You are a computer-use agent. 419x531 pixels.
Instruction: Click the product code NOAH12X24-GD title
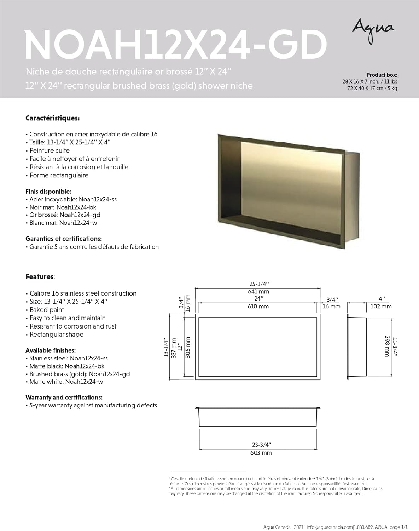175,45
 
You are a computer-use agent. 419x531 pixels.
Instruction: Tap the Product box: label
382,75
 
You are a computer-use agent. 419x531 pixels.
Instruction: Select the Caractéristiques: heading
52,118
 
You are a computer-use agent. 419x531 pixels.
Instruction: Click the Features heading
40,277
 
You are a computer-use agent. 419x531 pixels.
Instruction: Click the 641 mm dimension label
258,292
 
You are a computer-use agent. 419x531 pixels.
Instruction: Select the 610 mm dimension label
258,307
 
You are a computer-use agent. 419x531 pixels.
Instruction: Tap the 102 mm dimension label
381,307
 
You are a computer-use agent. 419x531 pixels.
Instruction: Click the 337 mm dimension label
174,348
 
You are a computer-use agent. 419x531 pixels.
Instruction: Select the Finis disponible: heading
48,192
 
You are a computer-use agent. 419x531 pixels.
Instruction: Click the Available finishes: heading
51,350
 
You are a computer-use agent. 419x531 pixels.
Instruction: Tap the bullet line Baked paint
47,310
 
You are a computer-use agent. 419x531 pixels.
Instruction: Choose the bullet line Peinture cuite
50,151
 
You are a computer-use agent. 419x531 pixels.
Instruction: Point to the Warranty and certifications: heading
64,398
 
